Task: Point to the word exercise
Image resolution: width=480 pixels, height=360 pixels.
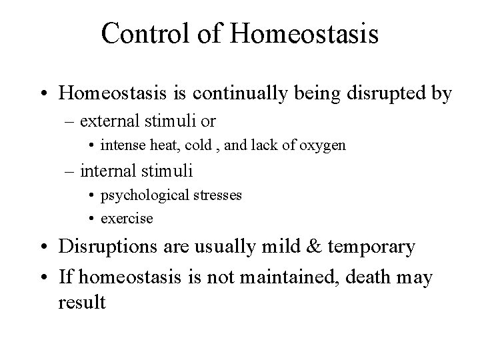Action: pos(126,218)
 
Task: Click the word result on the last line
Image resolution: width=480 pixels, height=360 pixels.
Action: pos(81,302)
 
